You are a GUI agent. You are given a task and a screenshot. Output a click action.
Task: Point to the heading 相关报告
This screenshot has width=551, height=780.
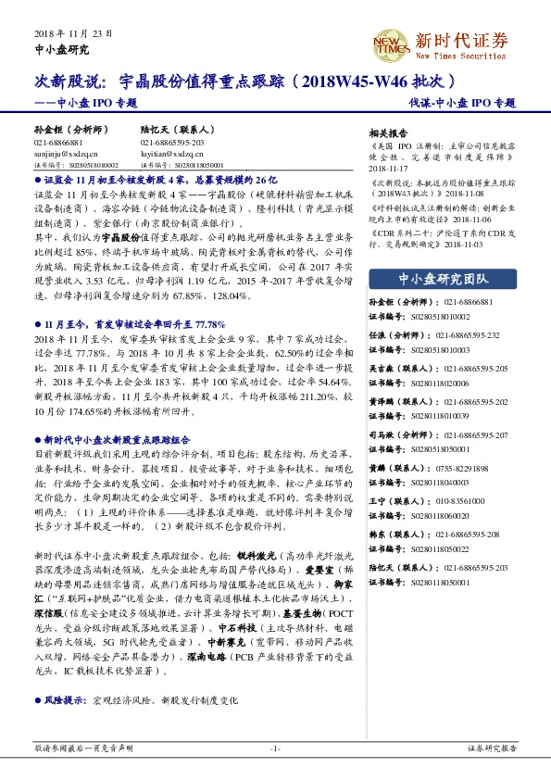pos(388,132)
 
